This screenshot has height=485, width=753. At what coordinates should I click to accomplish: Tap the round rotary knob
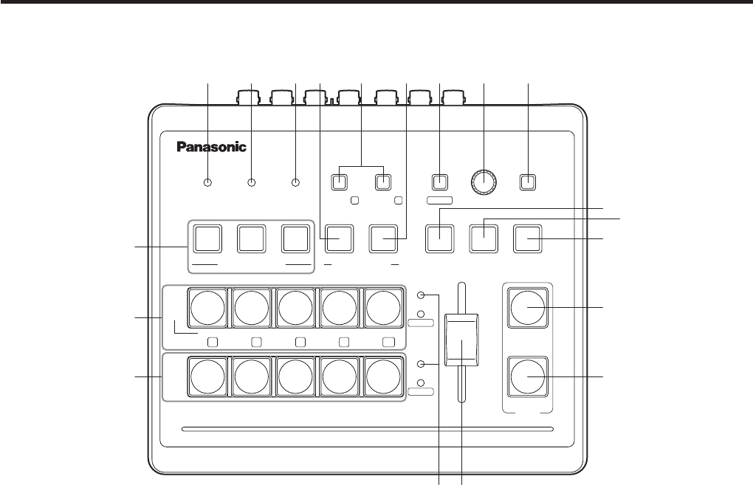[484, 181]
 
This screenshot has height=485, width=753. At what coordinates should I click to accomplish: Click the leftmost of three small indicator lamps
[207, 182]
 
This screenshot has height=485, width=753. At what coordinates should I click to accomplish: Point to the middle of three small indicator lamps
[252, 182]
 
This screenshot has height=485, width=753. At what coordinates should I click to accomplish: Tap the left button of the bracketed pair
[340, 182]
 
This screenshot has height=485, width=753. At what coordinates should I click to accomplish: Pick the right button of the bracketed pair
[382, 182]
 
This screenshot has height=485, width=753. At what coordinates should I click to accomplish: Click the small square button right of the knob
[527, 182]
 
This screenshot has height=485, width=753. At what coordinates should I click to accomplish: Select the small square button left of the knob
[439, 182]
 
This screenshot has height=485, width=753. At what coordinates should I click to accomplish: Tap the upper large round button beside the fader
[527, 309]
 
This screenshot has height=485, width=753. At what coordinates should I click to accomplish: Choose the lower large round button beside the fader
[527, 376]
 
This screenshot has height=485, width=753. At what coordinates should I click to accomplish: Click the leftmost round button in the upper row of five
[207, 307]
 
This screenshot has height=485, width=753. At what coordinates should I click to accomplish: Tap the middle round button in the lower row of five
[295, 376]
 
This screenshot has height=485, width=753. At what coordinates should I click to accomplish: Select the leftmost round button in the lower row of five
[207, 376]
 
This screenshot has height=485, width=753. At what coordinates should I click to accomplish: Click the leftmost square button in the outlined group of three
[207, 238]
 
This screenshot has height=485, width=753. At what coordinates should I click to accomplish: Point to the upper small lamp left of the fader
[421, 295]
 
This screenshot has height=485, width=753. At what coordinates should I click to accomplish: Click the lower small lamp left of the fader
[421, 364]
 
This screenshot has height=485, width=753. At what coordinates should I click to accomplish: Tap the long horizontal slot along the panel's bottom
[366, 428]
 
